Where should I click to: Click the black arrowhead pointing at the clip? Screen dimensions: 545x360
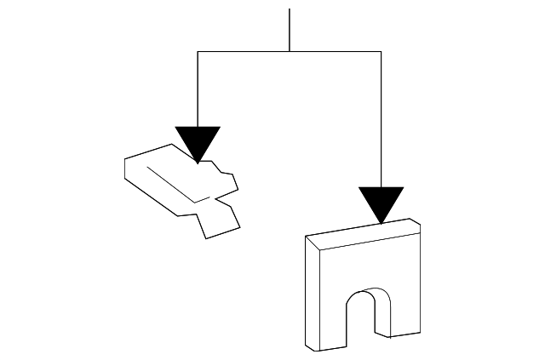click(198, 140)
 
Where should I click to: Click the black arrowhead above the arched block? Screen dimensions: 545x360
click(381, 203)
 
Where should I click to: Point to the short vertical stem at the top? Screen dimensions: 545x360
click(290, 30)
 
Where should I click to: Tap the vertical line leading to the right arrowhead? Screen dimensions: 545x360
click(381, 119)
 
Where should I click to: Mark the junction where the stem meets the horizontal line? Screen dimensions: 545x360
click(290, 51)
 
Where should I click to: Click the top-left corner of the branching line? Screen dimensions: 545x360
click(198, 51)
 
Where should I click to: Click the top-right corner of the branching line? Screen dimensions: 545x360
click(381, 51)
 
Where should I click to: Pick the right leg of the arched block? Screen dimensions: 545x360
click(405, 306)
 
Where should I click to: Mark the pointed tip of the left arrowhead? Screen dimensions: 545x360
click(198, 162)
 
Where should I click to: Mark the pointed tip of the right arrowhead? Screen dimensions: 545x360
click(381, 224)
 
